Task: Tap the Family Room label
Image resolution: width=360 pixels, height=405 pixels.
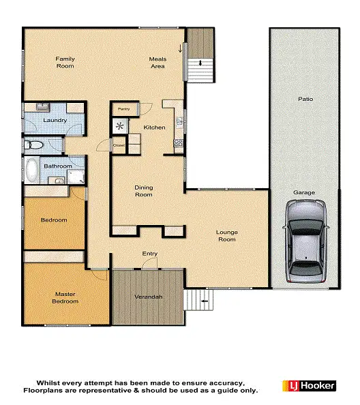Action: (x=65, y=62)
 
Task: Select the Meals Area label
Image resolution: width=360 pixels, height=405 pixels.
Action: (x=158, y=62)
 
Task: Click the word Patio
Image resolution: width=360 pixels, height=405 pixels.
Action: (x=305, y=99)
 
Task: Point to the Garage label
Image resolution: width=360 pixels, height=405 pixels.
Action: (x=304, y=192)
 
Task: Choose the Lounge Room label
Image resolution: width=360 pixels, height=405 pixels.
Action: (x=227, y=235)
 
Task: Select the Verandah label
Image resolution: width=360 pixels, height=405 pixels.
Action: (x=149, y=297)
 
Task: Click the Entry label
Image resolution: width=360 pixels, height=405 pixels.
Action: (x=150, y=254)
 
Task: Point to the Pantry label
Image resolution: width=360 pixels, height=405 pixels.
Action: (x=123, y=108)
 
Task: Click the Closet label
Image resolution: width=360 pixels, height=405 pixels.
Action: (x=119, y=145)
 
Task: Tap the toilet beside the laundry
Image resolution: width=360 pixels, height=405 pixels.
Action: (x=33, y=145)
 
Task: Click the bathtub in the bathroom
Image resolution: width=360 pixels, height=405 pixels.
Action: (x=31, y=170)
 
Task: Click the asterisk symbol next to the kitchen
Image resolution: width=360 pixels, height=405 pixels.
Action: (x=121, y=125)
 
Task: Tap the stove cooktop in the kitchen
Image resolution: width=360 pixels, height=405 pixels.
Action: (x=179, y=143)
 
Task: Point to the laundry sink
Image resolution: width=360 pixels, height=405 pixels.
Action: (x=42, y=106)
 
